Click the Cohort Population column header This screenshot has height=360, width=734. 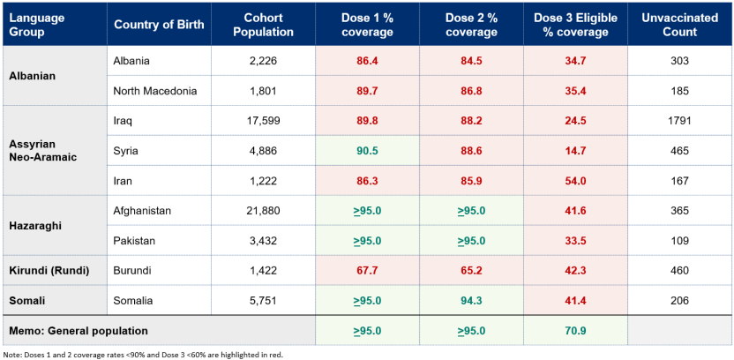pyautogui.click(x=263, y=26)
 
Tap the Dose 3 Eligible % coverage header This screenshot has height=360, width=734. pyautogui.click(x=575, y=26)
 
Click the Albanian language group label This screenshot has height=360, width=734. pyautogui.click(x=33, y=76)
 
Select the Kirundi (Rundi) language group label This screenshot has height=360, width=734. pyautogui.click(x=49, y=271)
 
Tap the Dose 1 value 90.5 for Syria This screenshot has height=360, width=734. pyautogui.click(x=367, y=151)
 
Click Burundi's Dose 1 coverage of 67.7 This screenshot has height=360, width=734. pyautogui.click(x=367, y=271)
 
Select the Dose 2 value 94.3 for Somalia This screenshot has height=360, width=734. pyautogui.click(x=471, y=301)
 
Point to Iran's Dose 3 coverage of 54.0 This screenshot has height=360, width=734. pyautogui.click(x=575, y=181)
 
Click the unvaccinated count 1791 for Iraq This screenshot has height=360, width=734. pyautogui.click(x=678, y=121)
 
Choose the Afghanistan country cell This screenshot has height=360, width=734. pyautogui.click(x=143, y=211)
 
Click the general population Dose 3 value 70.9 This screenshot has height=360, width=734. pyautogui.click(x=575, y=331)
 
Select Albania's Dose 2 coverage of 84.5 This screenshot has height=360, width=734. pyautogui.click(x=471, y=61)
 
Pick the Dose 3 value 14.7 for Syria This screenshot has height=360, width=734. pyautogui.click(x=575, y=151)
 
